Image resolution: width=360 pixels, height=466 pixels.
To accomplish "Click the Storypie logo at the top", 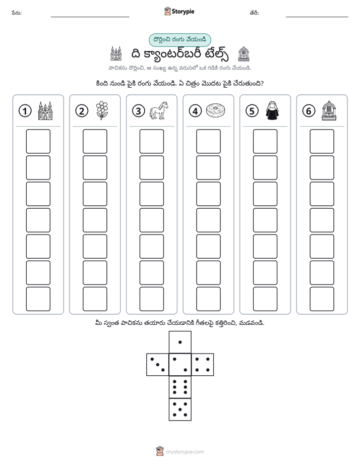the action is pyautogui.click(x=179, y=11).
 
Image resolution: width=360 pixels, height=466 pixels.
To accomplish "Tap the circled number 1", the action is pyautogui.click(x=25, y=111).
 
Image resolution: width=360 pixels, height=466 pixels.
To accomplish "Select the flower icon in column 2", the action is pyautogui.click(x=102, y=110).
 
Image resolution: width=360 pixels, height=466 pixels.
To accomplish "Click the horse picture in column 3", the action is pyautogui.click(x=159, y=110).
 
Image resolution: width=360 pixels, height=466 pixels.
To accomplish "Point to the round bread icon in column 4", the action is pyautogui.click(x=215, y=110).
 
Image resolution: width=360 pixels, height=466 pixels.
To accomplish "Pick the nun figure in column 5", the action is pyautogui.click(x=272, y=110).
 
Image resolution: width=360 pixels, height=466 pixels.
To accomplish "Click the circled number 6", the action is pyautogui.click(x=309, y=111).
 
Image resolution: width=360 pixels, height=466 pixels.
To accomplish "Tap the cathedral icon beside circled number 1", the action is pyautogui.click(x=45, y=110).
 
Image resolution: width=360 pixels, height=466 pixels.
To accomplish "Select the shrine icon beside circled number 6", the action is pyautogui.click(x=329, y=110).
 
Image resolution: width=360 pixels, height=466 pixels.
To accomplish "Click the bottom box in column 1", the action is pyautogui.click(x=38, y=299).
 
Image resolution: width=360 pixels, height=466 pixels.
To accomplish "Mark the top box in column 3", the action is pyautogui.click(x=151, y=141).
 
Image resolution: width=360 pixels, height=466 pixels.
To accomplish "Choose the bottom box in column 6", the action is pyautogui.click(x=322, y=299).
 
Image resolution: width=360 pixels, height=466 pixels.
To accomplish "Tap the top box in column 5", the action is pyautogui.click(x=265, y=141).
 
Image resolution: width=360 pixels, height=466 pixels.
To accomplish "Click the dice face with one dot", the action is pyautogui.click(x=180, y=342).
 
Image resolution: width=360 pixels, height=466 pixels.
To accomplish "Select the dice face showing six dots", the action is pyautogui.click(x=180, y=387).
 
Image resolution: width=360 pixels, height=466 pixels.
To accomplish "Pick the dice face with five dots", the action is pyautogui.click(x=180, y=410).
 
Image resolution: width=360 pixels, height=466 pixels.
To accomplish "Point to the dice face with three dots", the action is pyautogui.click(x=158, y=364).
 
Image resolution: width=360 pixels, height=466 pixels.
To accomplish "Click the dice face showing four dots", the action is pyautogui.click(x=203, y=364).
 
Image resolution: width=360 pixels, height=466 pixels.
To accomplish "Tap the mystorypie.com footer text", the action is pyautogui.click(x=185, y=452).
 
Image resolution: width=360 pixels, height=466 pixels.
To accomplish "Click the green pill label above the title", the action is pyautogui.click(x=179, y=40).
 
